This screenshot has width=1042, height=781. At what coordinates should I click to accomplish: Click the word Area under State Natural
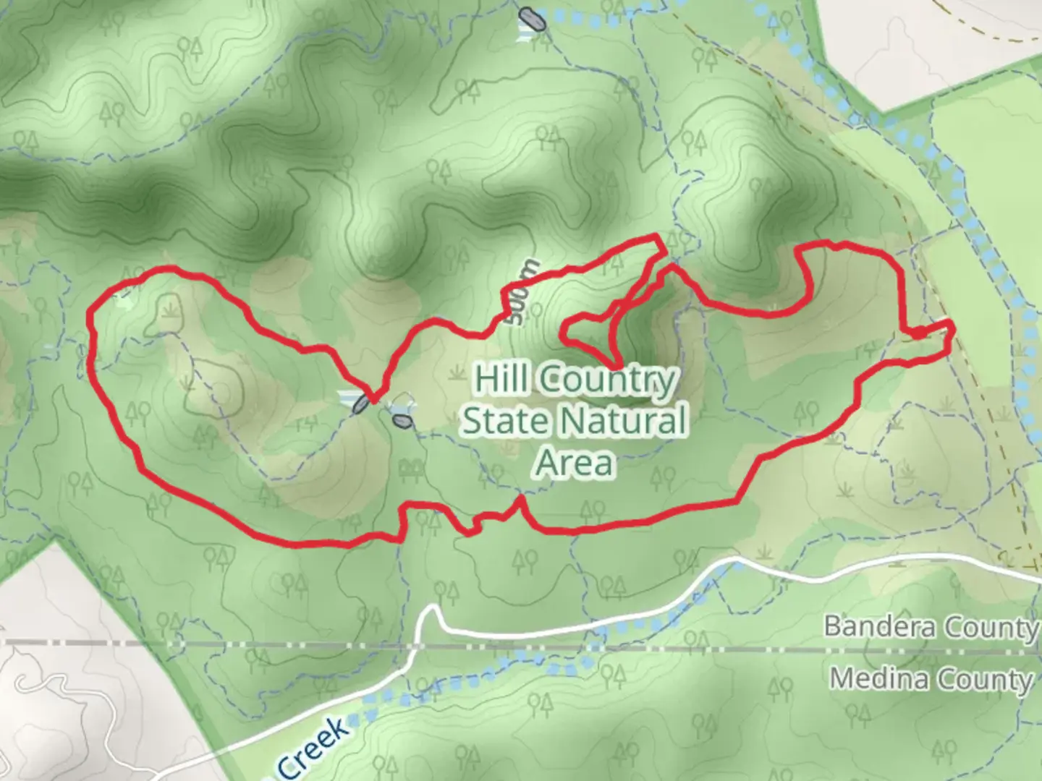click(x=575, y=463)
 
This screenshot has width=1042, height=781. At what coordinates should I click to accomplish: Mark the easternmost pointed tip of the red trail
click(x=953, y=329)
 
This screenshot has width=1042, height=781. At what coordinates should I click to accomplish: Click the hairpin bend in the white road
click(x=431, y=611)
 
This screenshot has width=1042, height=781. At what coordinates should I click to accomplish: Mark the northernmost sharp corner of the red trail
click(x=657, y=236)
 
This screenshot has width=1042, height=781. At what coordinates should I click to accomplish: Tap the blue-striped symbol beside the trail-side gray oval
click(x=347, y=396)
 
